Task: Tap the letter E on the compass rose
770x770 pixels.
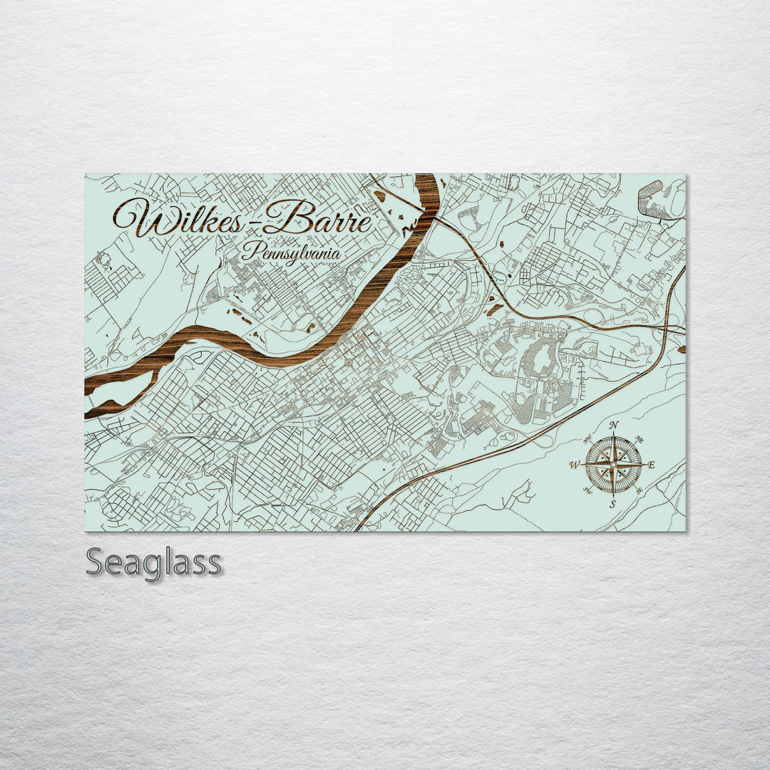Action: [x=651, y=466]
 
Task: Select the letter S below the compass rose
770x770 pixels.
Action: [x=612, y=504]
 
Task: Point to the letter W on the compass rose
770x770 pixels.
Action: [x=575, y=466]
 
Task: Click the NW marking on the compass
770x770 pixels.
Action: [x=587, y=440]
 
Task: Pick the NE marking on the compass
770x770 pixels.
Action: [x=640, y=440]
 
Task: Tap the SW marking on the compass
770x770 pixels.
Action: [x=587, y=491]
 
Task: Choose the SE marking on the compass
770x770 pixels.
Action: [x=639, y=491]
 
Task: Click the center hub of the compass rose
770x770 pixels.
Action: [x=613, y=465]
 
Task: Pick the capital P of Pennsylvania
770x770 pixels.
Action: [x=249, y=251]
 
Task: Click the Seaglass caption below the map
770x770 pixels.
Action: [x=153, y=563]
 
